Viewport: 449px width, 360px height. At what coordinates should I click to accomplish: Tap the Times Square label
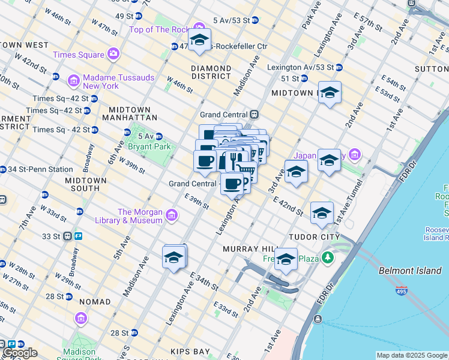pos(79,55)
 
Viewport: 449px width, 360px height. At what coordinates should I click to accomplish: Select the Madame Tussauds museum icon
pos(74,80)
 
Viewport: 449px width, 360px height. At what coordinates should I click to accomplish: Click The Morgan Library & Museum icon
pos(172,215)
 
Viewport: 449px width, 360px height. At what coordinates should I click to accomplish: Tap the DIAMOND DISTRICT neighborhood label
pos(211,72)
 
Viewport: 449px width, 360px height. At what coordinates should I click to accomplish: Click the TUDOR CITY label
pos(310,237)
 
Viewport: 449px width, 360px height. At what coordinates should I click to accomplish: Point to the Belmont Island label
pos(410,271)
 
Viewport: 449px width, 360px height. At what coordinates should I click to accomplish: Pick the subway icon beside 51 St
pos(304,79)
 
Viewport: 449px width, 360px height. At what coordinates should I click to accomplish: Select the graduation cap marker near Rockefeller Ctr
pos(199,41)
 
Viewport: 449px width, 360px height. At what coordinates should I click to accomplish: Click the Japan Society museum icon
pos(354,156)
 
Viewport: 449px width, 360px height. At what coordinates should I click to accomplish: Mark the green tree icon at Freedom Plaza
pos(327,259)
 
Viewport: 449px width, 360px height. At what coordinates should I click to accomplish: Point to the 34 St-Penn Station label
pos(40,169)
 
